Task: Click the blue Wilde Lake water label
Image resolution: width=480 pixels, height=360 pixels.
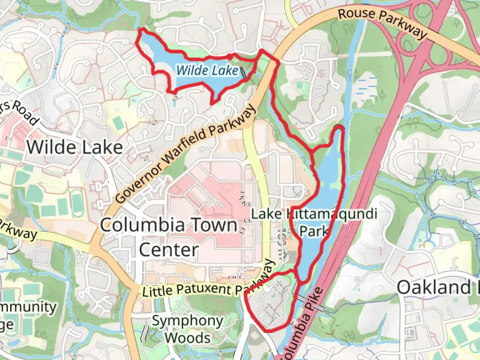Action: coord(207,70)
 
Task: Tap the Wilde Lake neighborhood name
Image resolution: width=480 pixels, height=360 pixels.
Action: coord(75,147)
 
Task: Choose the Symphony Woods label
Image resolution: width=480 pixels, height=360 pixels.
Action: coord(188,329)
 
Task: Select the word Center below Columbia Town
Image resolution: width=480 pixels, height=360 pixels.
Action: coord(169,249)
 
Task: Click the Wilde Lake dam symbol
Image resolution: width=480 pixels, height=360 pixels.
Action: coord(244,73)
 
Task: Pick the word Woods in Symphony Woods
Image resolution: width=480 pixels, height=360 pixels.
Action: coord(188,338)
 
